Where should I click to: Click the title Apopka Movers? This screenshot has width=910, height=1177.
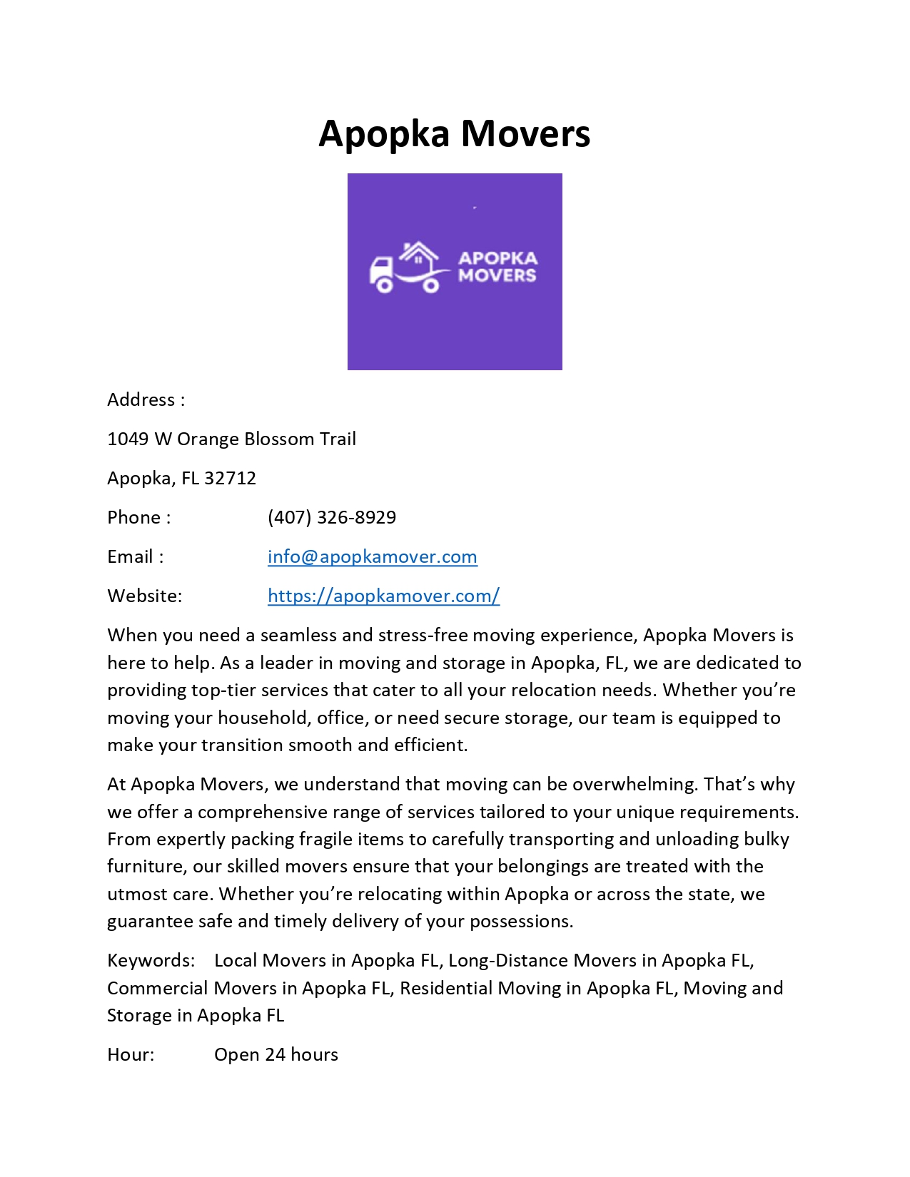[454, 133]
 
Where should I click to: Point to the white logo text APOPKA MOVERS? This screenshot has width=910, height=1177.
[497, 267]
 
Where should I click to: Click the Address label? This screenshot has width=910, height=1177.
[146, 399]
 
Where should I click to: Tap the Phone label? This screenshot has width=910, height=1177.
[138, 517]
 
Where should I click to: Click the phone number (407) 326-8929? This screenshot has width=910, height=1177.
[332, 517]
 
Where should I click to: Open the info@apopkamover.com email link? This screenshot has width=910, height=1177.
[372, 556]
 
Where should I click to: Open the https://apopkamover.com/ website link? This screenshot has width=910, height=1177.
[383, 596]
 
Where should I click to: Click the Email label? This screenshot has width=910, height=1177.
[135, 556]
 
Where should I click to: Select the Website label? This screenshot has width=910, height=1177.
[144, 596]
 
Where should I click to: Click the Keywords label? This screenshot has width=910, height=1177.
[151, 960]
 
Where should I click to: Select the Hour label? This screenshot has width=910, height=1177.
[131, 1054]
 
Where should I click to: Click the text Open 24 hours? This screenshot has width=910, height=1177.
[276, 1054]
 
